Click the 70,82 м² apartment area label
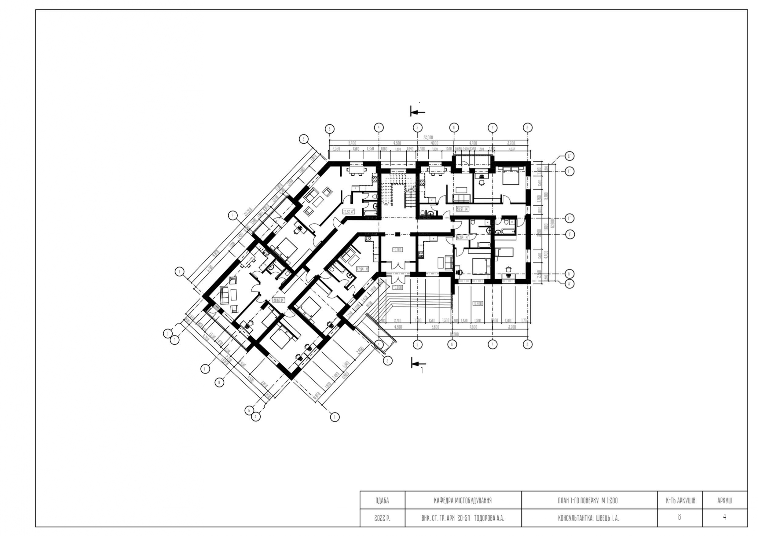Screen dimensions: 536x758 pos(349,212)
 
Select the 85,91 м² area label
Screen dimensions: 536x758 pos(462,209)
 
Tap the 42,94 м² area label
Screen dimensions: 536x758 pos(462,237)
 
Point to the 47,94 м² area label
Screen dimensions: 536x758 pos(362,269)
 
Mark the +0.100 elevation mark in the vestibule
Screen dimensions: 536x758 pos(397,250)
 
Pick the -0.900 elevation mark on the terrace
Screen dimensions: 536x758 pos(478,303)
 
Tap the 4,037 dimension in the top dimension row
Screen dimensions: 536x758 pos(512,149)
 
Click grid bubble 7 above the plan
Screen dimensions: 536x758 pos(492,128)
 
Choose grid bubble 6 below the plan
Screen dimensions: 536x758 pos(452,344)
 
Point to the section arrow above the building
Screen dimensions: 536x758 pos(417,112)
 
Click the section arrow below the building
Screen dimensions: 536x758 pos(418,363)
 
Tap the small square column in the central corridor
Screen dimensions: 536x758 pos(397,234)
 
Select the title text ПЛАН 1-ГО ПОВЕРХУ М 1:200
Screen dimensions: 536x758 pos(588,501)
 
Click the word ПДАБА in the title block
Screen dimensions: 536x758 pos(382,501)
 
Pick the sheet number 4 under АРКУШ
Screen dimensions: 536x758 pos(724,517)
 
